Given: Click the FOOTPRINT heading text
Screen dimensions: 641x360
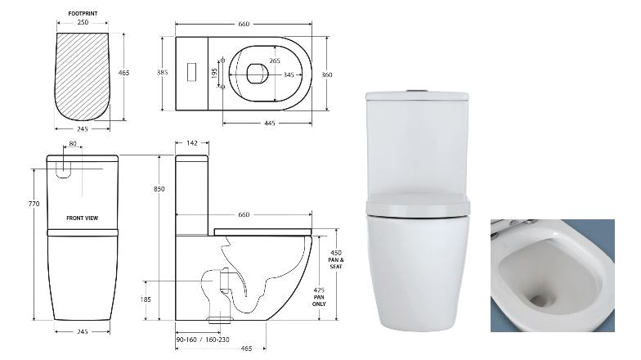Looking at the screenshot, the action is pyautogui.click(x=83, y=13).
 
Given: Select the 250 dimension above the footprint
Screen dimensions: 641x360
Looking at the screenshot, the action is pyautogui.click(x=83, y=23).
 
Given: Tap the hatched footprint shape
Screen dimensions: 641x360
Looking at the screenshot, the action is pyautogui.click(x=82, y=77).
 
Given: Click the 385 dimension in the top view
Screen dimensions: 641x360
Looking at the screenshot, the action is pyautogui.click(x=162, y=72).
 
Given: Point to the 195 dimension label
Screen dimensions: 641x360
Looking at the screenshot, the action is pyautogui.click(x=214, y=74).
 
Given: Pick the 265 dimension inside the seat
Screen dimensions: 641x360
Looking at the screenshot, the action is pyautogui.click(x=275, y=61).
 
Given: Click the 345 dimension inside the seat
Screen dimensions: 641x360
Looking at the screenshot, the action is pyautogui.click(x=289, y=75).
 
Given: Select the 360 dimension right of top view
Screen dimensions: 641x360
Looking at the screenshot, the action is pyautogui.click(x=327, y=75).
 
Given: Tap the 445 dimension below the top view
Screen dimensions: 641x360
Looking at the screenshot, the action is pyautogui.click(x=270, y=123).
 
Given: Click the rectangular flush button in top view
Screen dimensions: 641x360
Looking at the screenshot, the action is pyautogui.click(x=191, y=72).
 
